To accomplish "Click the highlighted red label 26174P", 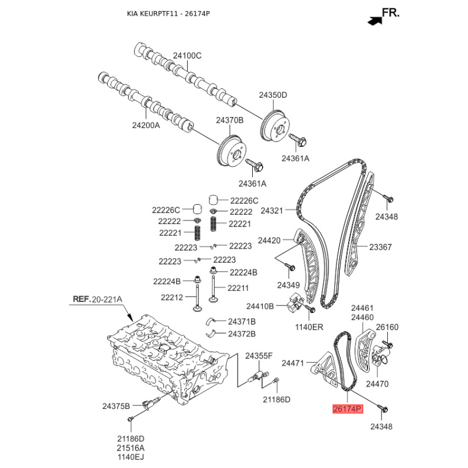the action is (347, 408).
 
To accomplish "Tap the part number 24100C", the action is (187, 56).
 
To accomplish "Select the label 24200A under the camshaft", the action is (146, 125).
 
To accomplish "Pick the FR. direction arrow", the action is (375, 20).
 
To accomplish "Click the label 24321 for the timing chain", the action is (271, 211).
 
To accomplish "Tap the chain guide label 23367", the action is (380, 247).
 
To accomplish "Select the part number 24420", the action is (269, 240).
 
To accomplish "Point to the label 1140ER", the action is (309, 327).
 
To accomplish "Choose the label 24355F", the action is (259, 356).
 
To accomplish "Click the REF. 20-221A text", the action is (98, 299).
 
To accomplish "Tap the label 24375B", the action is (116, 406).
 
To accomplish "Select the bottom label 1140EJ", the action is (130, 457).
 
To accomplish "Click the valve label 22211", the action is (238, 288).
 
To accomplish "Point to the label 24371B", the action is (242, 322).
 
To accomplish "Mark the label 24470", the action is (377, 384).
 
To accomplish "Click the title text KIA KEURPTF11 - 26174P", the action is (168, 13).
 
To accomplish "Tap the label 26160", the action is (387, 328).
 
